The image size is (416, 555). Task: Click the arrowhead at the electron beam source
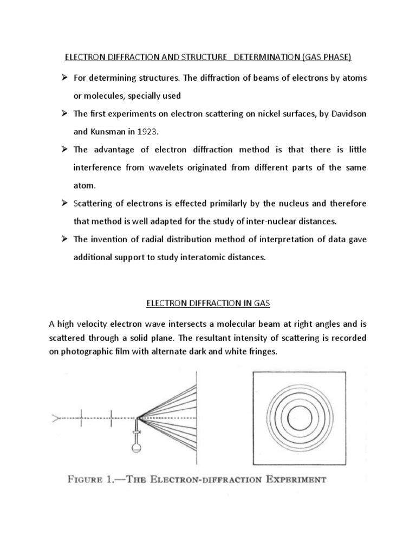pyautogui.click(x=54, y=418)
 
